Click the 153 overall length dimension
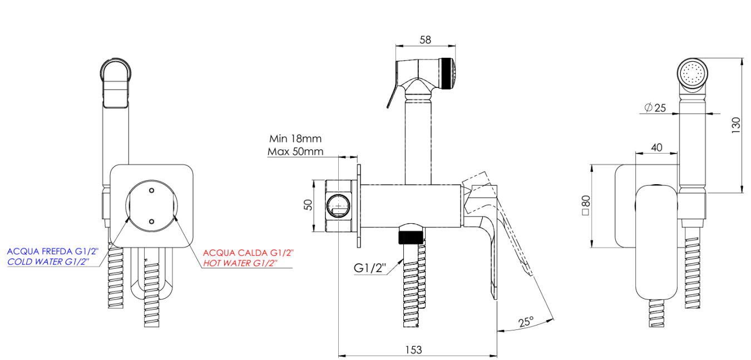point(413,349)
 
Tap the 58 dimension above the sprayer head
point(425,40)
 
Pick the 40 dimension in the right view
point(656,147)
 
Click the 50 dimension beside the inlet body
point(307,204)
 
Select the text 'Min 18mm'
point(295,139)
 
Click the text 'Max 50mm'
point(295,151)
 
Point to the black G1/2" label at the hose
point(370,268)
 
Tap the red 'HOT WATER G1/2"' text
point(240,263)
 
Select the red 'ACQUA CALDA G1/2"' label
point(248,252)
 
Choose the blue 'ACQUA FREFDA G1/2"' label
point(53,251)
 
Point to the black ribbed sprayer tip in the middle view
point(447,73)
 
